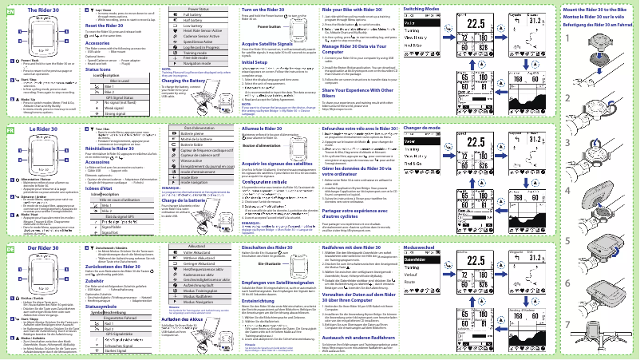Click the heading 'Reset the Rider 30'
click(107, 26)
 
